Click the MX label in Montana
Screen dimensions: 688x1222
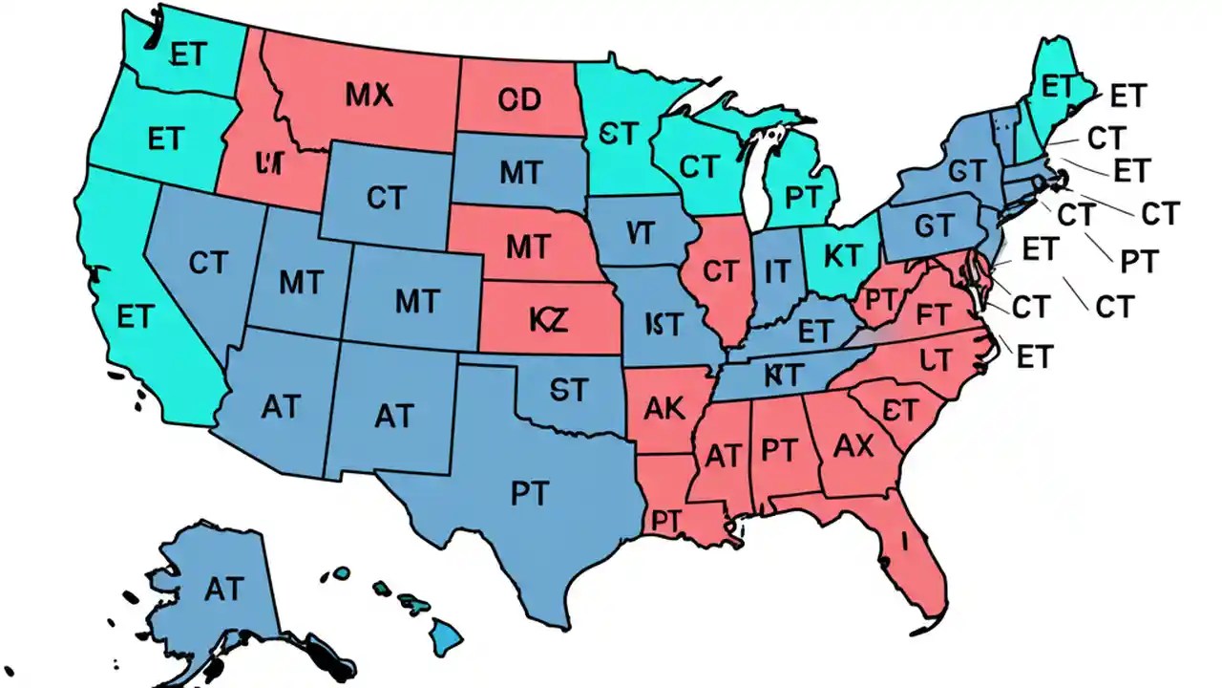369,94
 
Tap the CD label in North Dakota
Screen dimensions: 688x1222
518,99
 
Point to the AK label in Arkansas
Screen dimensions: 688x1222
664,408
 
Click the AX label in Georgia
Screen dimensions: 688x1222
853,445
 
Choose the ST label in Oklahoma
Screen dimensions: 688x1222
569,389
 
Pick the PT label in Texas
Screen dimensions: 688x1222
529,493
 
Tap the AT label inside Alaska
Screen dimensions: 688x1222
223,590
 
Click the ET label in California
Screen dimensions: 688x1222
134,315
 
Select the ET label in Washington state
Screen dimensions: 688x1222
187,54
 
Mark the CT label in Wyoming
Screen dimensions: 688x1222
386,198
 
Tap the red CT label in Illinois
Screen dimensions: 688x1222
720,272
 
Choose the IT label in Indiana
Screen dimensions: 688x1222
777,272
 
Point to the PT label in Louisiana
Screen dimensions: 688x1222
665,521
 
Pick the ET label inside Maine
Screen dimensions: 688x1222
1057,87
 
